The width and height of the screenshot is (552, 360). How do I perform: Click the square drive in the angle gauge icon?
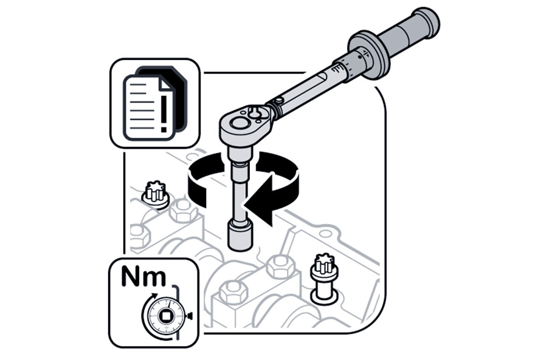tap(164, 315)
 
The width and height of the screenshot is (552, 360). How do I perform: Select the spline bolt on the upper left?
tap(155, 195)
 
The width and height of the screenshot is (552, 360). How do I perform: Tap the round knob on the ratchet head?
tap(240, 123)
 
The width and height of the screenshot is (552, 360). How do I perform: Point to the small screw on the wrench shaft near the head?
tap(280, 101)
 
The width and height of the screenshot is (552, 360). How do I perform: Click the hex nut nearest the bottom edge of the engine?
tap(231, 291)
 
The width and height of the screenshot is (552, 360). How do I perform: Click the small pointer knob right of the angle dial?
tap(190, 316)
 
